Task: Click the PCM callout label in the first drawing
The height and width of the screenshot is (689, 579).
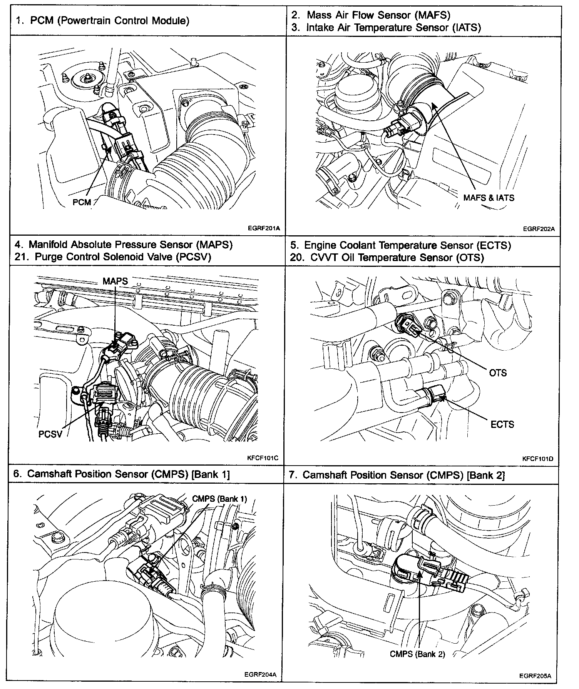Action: click(82, 202)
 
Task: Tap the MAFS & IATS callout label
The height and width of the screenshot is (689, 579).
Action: click(489, 198)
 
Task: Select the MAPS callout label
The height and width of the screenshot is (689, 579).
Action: click(115, 281)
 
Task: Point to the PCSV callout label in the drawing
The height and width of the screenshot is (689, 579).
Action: click(50, 434)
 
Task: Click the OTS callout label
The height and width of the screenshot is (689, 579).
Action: click(498, 373)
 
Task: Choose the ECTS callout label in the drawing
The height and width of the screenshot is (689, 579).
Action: click(502, 424)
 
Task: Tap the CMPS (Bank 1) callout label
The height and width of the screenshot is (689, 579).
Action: click(219, 499)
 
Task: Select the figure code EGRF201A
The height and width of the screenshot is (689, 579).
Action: click(264, 228)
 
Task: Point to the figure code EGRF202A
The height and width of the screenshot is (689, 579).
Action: click(539, 229)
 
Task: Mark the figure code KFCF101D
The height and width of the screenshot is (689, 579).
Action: click(538, 458)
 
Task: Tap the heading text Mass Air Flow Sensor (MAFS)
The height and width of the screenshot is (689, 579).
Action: click(378, 15)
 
